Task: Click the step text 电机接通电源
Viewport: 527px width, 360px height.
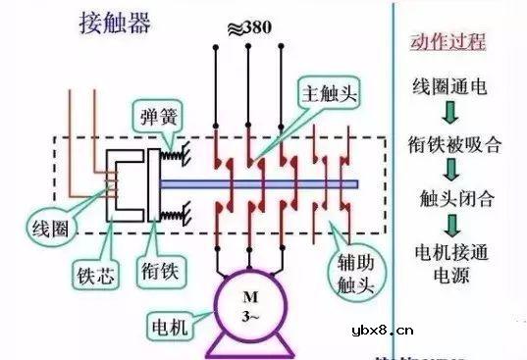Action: pos(451,260)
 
